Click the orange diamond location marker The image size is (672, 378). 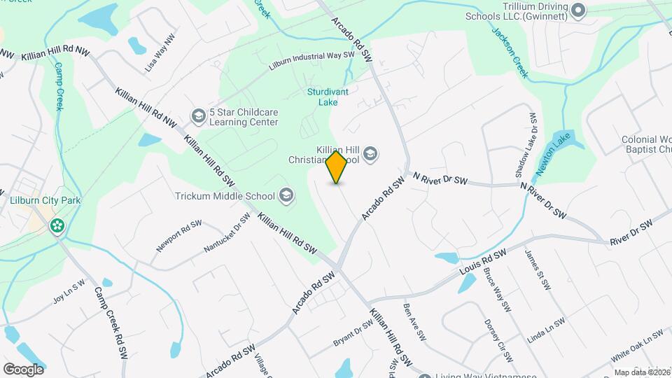click(336, 167)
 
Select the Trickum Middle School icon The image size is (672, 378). click(286, 195)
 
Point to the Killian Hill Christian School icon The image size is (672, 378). click(370, 154)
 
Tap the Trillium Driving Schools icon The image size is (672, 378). click(578, 10)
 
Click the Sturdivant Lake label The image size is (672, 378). click(323, 97)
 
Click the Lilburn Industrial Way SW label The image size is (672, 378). click(312, 62)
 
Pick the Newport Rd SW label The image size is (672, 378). click(179, 236)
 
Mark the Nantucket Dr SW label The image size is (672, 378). click(227, 232)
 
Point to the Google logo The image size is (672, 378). click(23, 369)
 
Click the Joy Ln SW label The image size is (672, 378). click(69, 293)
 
